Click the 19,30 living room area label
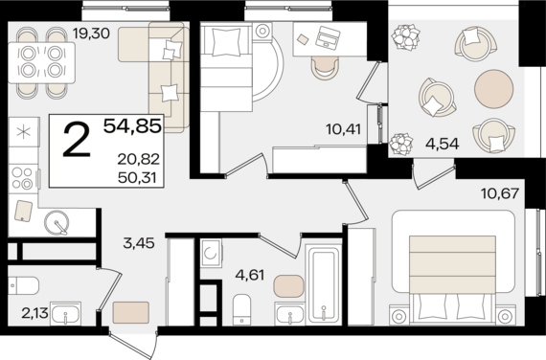[91, 34]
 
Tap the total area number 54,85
[133, 126]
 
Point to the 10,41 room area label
[344, 129]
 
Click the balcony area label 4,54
[443, 144]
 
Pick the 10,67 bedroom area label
[500, 192]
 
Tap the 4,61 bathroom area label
[250, 276]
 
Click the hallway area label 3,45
[139, 243]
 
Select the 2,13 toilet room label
[34, 313]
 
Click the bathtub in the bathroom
[323, 284]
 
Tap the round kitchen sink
[57, 223]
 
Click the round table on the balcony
[493, 89]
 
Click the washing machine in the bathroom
[211, 253]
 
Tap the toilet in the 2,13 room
[23, 285]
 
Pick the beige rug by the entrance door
[131, 312]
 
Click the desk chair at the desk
[325, 68]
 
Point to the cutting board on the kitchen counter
[23, 211]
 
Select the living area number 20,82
[139, 160]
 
